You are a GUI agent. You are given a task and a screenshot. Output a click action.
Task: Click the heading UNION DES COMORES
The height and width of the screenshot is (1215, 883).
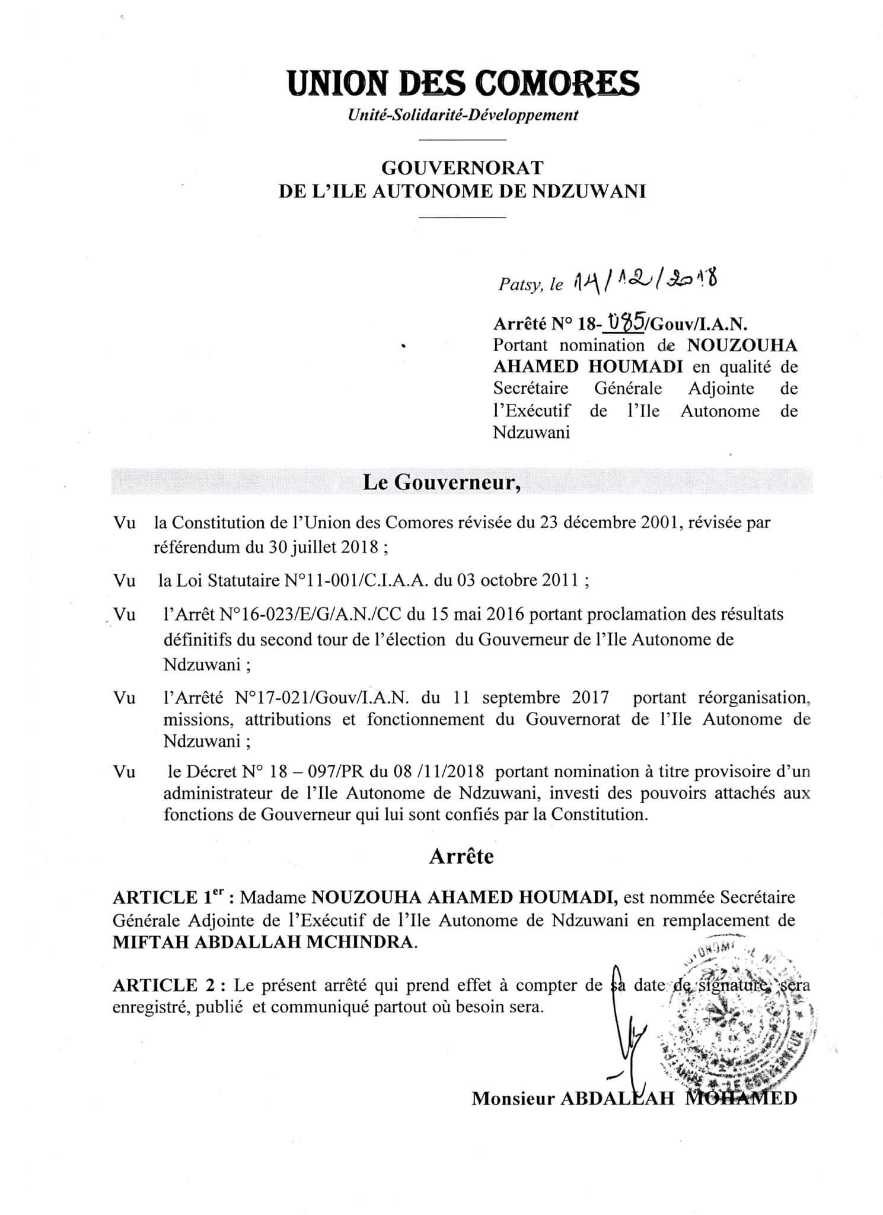[x=463, y=83]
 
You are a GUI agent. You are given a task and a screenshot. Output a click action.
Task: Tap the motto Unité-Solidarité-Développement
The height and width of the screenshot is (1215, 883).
[x=463, y=115]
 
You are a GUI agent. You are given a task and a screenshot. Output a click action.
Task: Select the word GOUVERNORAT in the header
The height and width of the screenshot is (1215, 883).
[x=462, y=168]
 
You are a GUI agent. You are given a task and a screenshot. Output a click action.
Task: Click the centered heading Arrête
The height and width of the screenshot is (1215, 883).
[x=461, y=856]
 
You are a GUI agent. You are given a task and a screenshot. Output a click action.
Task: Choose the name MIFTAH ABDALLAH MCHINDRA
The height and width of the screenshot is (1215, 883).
[x=264, y=943]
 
